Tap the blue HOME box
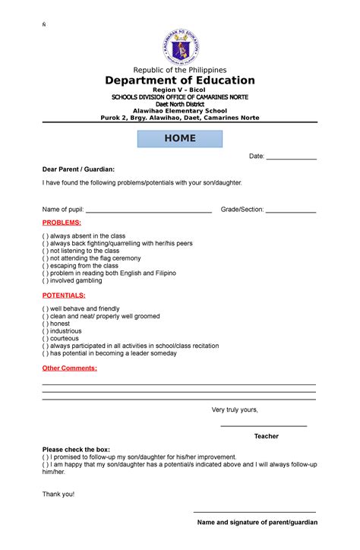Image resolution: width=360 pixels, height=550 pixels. coord(180,138)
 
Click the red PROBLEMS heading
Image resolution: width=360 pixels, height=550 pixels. coord(62,222)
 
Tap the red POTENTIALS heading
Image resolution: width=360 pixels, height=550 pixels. coord(64,294)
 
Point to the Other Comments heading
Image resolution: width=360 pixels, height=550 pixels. coord(70,368)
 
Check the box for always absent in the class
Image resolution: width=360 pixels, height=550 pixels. coord(46,236)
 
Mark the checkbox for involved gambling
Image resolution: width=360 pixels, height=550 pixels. coord(46,280)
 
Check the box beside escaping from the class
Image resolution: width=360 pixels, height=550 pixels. coord(46,266)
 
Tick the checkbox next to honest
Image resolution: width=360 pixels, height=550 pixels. coord(46,324)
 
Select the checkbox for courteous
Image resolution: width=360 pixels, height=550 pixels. coord(46,339)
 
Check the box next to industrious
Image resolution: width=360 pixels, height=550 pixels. coord(46,331)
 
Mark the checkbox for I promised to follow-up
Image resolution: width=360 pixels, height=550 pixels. coord(46,457)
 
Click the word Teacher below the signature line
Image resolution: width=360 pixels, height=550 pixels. coord(266,436)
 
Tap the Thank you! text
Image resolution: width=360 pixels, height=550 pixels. coord(58,494)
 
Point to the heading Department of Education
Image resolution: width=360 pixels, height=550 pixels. coord(180,81)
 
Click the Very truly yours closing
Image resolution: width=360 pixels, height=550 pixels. coord(235,409)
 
